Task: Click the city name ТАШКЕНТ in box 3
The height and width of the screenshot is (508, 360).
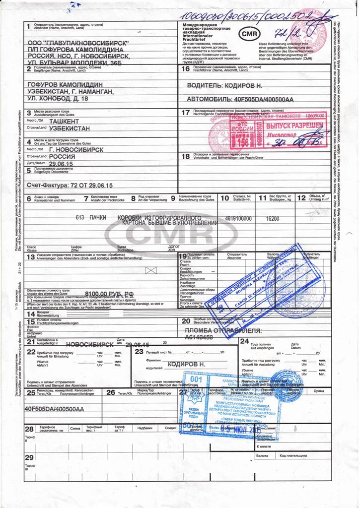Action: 69,121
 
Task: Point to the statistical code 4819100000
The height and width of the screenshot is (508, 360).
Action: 238,218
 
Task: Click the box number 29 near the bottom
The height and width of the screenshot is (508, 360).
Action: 29,457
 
